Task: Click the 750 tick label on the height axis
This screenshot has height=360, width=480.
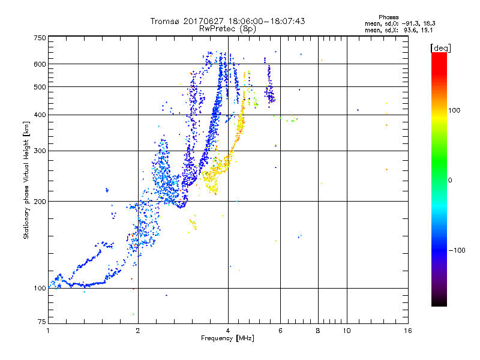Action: pyautogui.click(x=40, y=38)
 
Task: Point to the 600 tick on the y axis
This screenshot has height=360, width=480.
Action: pyautogui.click(x=40, y=64)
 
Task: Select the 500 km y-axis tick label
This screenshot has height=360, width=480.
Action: pyautogui.click(x=40, y=86)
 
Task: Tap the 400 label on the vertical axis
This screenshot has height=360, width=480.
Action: pyautogui.click(x=40, y=115)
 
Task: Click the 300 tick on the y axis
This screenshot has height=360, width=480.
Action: pyautogui.click(x=40, y=151)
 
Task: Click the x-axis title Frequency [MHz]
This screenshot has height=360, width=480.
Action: pyautogui.click(x=227, y=338)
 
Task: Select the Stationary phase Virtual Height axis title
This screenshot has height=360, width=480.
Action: pyautogui.click(x=26, y=181)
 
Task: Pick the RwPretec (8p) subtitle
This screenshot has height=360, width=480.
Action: pyautogui.click(x=228, y=28)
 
